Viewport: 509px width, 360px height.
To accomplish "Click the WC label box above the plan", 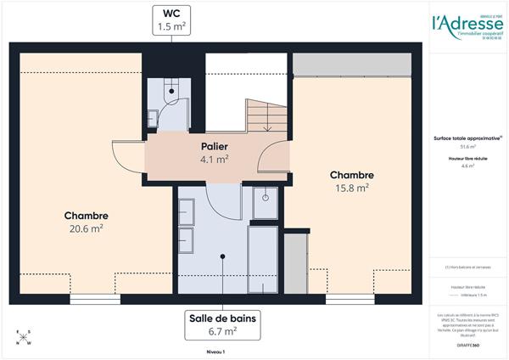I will pyautogui.click(x=171, y=20).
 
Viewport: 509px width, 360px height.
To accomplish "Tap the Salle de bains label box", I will pyautogui.click(x=224, y=324).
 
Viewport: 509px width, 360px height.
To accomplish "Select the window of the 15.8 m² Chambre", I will pyautogui.click(x=350, y=299).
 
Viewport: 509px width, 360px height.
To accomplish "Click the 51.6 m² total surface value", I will pyautogui.click(x=467, y=147).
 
